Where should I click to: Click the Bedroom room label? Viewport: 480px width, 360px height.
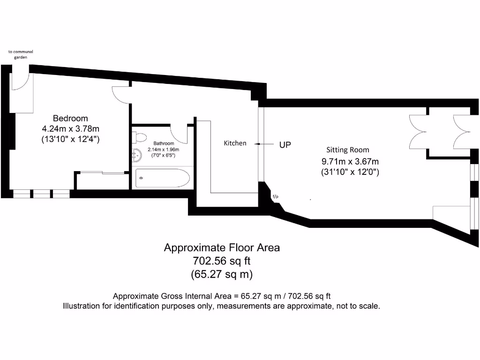tap(70, 118)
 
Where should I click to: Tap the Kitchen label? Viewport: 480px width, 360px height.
tap(235, 143)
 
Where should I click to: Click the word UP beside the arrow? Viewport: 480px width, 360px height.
tap(285, 145)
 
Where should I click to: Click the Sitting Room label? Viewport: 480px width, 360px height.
tap(348, 150)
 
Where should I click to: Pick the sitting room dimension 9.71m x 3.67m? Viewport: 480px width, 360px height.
tap(350, 161)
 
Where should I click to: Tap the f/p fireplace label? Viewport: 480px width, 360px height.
tap(275, 196)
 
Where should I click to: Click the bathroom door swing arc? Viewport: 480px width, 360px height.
tap(180, 135)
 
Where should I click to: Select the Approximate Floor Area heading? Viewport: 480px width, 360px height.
tap(222, 247)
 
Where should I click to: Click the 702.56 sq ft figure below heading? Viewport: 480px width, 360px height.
tap(222, 261)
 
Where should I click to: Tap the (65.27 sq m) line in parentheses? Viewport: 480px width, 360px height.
tap(222, 274)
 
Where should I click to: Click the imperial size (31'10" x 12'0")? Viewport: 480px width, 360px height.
tap(350, 172)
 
